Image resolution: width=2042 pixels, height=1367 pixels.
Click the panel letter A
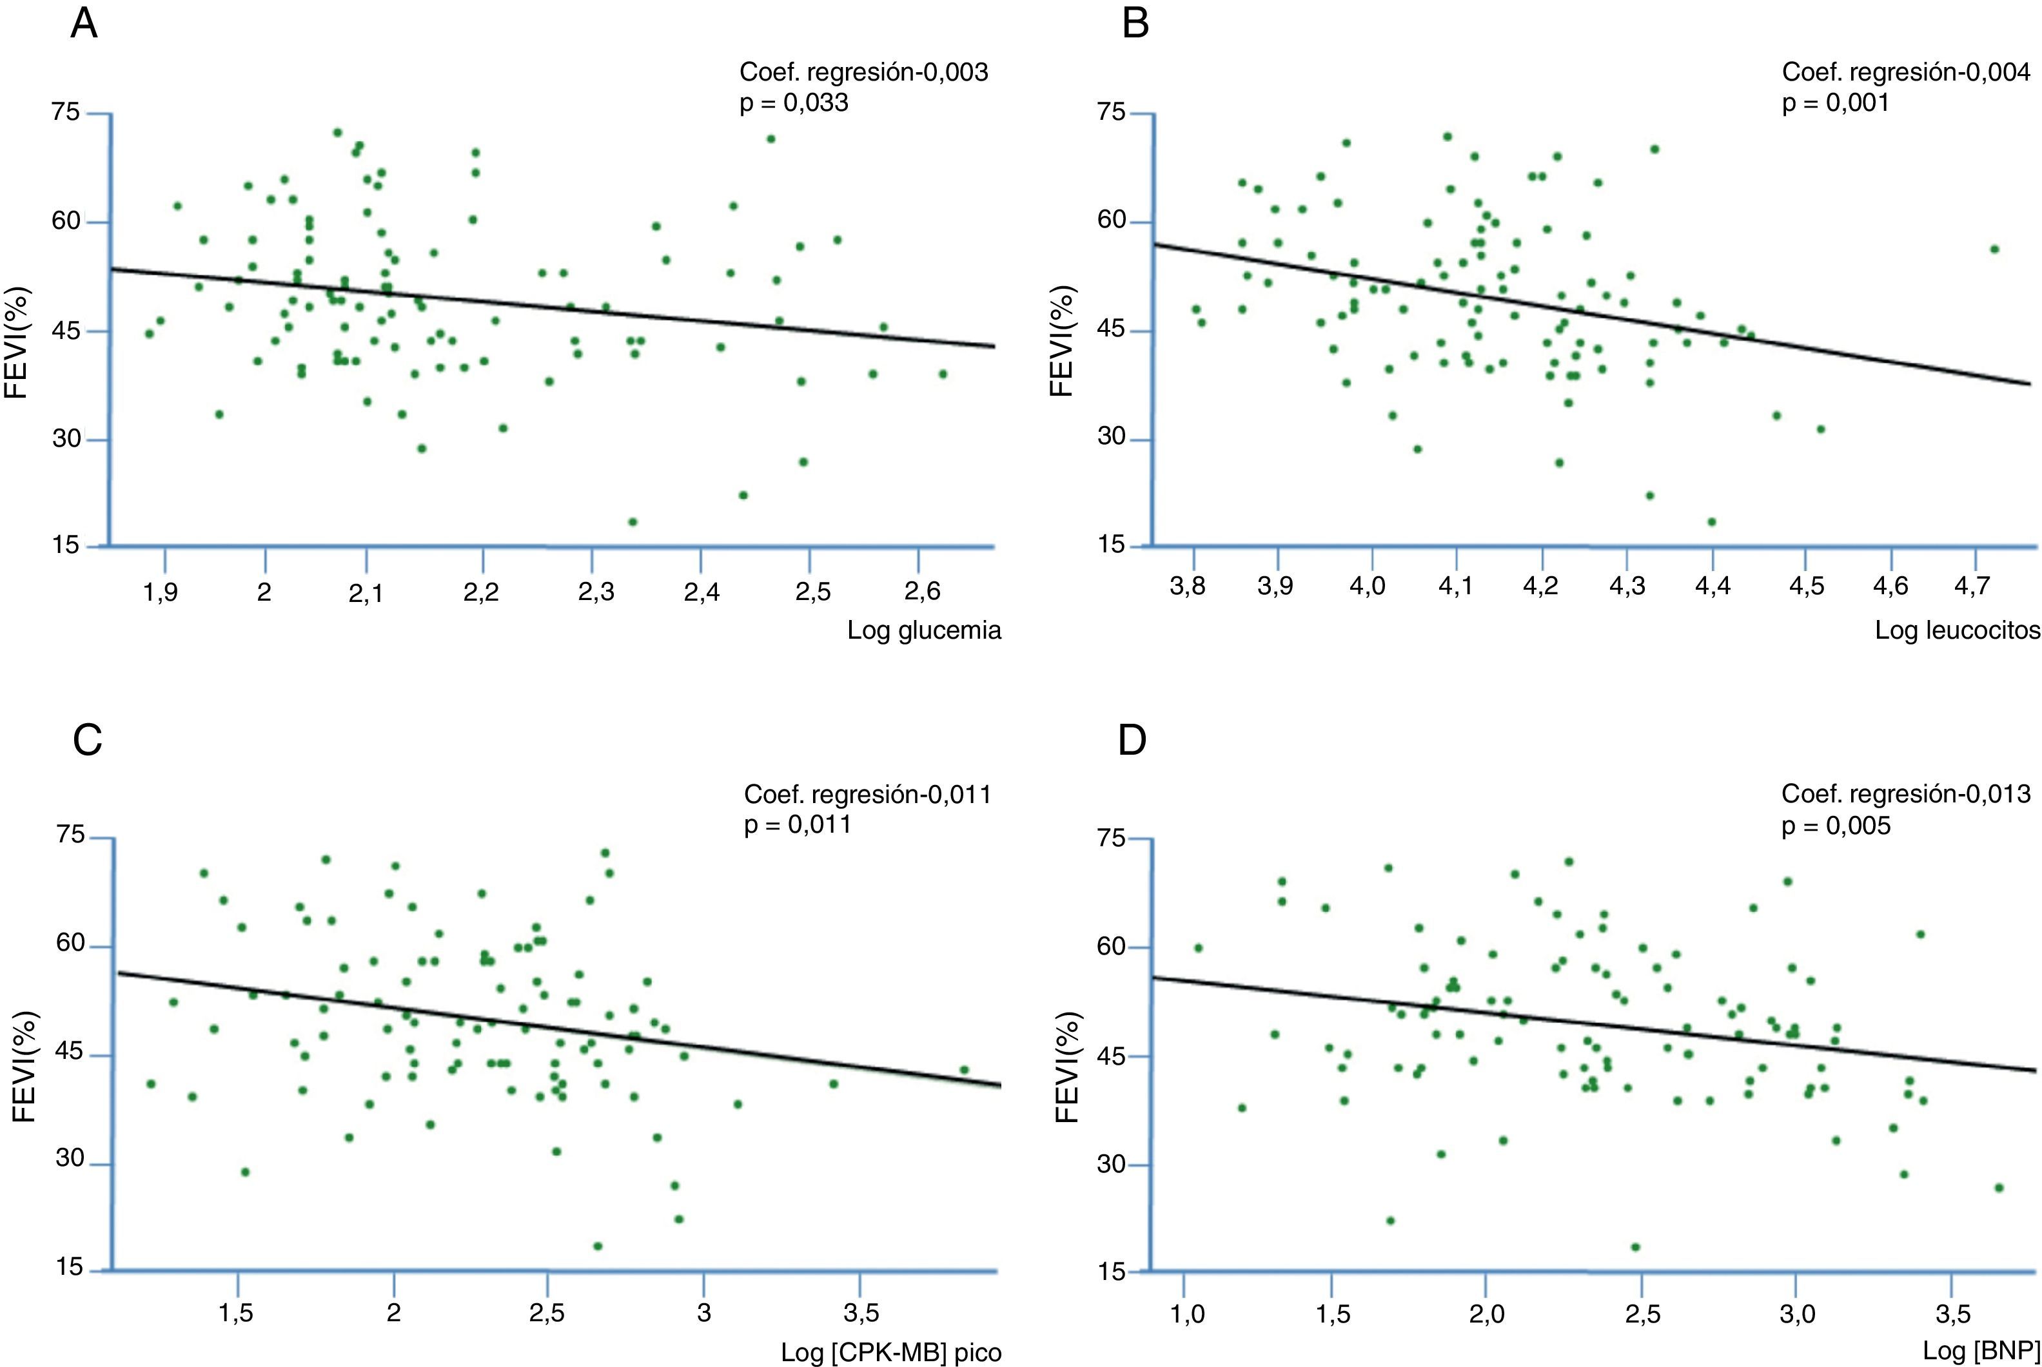[x=84, y=24]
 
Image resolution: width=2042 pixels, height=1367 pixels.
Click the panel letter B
[x=1135, y=24]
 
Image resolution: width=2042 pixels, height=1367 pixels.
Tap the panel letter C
[x=88, y=740]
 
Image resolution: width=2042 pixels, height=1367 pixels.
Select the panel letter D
[x=1133, y=740]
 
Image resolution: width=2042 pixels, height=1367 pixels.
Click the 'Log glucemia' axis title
[x=923, y=630]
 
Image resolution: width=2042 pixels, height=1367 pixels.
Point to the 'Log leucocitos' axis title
[x=1958, y=630]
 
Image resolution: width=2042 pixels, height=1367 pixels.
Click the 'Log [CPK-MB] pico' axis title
[x=890, y=1352]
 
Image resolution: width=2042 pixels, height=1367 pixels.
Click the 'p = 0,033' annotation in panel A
[x=794, y=103]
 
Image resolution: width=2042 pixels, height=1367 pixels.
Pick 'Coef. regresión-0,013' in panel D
[x=1906, y=794]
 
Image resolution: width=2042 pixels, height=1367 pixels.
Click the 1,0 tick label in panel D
[x=1186, y=1313]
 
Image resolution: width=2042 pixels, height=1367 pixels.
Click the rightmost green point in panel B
[x=1994, y=249]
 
